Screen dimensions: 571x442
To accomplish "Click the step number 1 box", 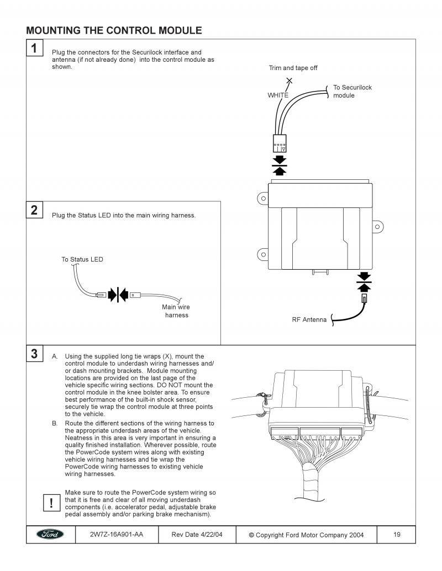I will click(34, 48).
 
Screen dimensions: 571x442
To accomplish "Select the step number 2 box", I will click(34, 210).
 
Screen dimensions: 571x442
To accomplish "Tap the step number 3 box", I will click(34, 354).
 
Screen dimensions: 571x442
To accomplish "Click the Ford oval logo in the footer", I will click(50, 534).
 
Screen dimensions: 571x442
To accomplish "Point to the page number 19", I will click(397, 534).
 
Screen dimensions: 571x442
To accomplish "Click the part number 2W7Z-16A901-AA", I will click(116, 534).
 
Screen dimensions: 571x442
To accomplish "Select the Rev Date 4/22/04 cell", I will click(197, 534).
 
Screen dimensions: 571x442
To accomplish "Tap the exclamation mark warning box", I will click(51, 502).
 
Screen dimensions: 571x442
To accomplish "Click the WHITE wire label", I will click(278, 95).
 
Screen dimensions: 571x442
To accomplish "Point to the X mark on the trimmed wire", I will click(290, 81).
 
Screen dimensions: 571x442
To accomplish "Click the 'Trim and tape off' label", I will click(293, 68).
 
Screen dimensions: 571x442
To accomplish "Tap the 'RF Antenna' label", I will click(309, 319).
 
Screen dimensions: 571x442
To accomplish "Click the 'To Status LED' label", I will click(82, 259).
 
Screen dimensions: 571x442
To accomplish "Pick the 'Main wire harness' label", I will click(176, 311).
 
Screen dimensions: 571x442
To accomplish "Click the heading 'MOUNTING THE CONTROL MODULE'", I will click(114, 30).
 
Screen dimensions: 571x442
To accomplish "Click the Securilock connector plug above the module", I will click(280, 142).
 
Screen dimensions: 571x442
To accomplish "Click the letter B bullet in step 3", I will click(55, 423).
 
